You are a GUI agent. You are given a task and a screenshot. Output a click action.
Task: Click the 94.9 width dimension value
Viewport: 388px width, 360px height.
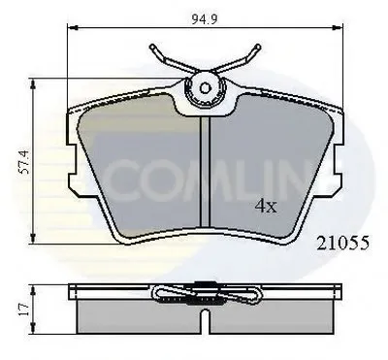point(205,19)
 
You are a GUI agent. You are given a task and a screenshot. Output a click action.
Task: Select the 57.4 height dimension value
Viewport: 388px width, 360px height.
point(24,162)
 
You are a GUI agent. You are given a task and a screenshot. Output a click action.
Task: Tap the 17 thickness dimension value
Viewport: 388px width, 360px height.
point(23,310)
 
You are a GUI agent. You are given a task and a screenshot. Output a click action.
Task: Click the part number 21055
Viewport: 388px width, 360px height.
point(342,243)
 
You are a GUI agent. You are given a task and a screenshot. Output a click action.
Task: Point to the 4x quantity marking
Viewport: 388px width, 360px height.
point(266,206)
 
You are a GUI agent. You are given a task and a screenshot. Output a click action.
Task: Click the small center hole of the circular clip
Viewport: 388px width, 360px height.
point(205,88)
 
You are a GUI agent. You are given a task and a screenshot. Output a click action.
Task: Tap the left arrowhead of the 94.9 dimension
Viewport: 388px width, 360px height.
point(72,28)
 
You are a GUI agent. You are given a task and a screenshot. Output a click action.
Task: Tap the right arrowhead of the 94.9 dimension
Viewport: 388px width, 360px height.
point(338,28)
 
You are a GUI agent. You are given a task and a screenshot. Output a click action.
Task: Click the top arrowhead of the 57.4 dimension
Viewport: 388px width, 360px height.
point(33,84)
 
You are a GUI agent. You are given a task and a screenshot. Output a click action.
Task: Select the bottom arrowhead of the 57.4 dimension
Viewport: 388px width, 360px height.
point(33,238)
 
